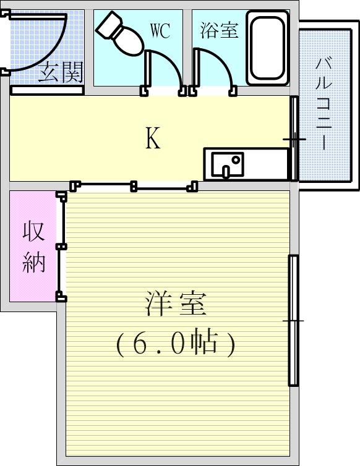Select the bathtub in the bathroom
[267, 48]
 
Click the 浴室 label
[219, 30]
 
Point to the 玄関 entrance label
[60, 74]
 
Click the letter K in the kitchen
[153, 138]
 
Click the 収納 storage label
[34, 247]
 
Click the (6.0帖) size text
[176, 342]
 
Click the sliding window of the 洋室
[293, 320]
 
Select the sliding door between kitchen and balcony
[294, 138]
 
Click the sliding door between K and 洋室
[134, 185]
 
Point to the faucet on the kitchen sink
[235, 160]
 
